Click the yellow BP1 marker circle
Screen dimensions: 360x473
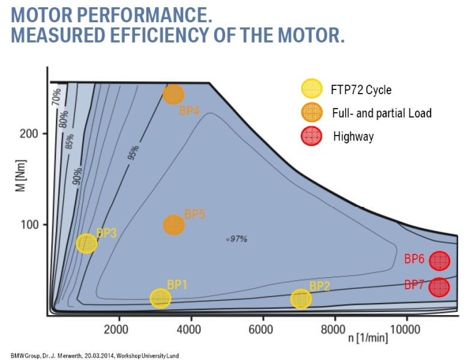pos(160,298)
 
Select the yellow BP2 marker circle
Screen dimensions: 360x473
pos(301,299)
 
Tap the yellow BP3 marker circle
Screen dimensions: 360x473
pos(86,244)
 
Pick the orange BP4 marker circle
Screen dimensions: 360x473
pos(173,94)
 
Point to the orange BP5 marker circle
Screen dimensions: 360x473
pos(173,225)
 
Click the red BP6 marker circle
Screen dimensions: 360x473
pos(439,260)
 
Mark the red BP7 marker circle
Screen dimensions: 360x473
pos(439,287)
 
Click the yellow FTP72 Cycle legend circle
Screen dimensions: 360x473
pos(311,89)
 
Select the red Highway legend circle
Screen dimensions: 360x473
pos(311,136)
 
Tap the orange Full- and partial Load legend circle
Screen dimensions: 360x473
pos(311,112)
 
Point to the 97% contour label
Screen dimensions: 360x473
pos(238,239)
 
